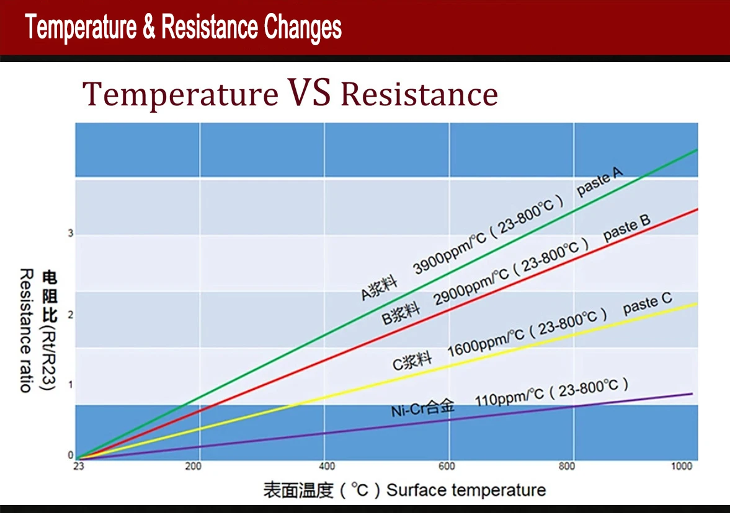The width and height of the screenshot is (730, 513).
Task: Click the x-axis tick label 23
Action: pos(78,467)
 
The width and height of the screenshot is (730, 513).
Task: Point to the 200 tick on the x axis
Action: pos(194,467)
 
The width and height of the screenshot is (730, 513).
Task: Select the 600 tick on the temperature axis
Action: pos(447,467)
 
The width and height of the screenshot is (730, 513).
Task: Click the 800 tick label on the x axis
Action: pos(566,467)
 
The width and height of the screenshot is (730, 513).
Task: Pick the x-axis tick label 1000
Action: pos(682,467)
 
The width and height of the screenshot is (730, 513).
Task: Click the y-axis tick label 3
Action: pos(70,234)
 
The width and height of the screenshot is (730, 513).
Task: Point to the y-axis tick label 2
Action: pos(70,315)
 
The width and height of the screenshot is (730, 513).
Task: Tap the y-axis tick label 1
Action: pos(70,385)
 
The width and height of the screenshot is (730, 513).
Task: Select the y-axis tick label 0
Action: pos(70,455)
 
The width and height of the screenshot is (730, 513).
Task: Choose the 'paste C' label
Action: pos(647,303)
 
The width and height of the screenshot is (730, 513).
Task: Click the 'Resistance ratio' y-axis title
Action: pos(25,330)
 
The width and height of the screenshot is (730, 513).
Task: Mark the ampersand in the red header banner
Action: pos(148,28)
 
